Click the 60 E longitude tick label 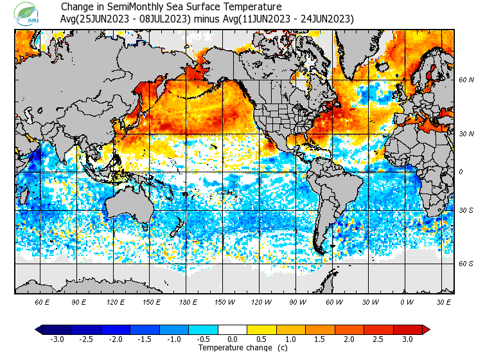pyautogui.click(x=42, y=302)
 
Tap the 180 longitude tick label pyautogui.click(x=188, y=302)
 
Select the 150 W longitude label pyautogui.click(x=224, y=302)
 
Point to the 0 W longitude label pyautogui.click(x=407, y=302)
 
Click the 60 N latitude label pyautogui.click(x=466, y=80)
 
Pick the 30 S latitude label pyautogui.click(x=466, y=210)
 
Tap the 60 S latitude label pyautogui.click(x=466, y=264)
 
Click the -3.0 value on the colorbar pyautogui.click(x=57, y=339)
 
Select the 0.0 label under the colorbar pyautogui.click(x=232, y=339)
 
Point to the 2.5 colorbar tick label pyautogui.click(x=378, y=339)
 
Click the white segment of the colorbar pyautogui.click(x=232, y=329)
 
